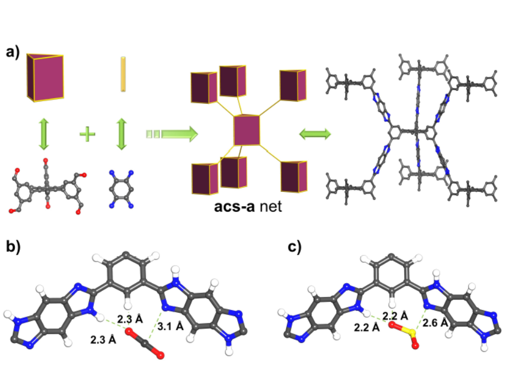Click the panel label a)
click(12, 53)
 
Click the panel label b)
click(12, 247)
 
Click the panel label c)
click(296, 247)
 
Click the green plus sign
click(86, 134)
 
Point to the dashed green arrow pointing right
click(171, 134)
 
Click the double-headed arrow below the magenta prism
click(42, 134)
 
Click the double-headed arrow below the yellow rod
click(123, 134)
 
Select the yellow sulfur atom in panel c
click(404, 330)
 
